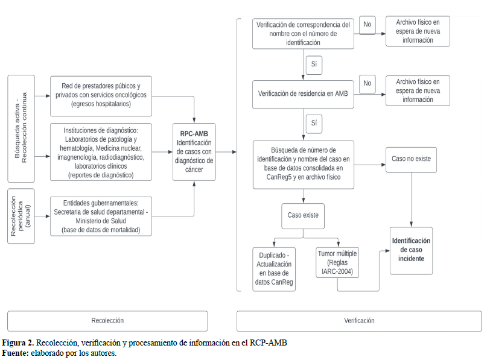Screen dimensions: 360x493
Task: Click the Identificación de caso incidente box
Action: [x=411, y=250]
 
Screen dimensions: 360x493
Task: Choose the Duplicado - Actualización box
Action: [x=275, y=269]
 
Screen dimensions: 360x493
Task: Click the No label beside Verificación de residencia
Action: [x=367, y=83]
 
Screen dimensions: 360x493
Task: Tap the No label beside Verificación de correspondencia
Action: [x=367, y=25]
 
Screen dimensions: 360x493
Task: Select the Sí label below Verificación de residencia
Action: [x=313, y=123]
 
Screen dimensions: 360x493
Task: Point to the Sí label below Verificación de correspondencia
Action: [x=313, y=64]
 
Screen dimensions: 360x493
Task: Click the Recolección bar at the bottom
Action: [x=107, y=321]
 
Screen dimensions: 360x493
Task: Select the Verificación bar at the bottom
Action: [x=359, y=321]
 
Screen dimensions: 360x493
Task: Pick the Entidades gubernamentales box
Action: [x=101, y=216]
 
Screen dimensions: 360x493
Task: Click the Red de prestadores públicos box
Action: [x=101, y=95]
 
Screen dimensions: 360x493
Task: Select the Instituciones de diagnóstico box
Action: [x=101, y=153]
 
